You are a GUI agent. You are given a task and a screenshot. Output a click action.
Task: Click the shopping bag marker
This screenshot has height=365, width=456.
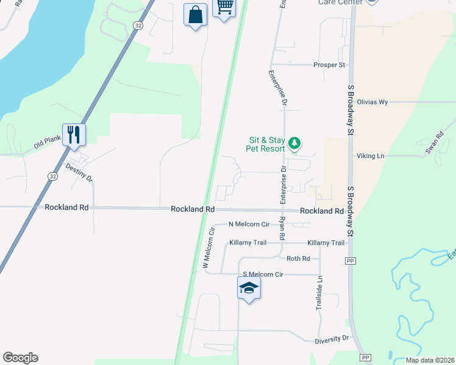195,15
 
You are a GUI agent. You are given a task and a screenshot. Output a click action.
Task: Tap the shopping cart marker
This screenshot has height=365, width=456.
225,8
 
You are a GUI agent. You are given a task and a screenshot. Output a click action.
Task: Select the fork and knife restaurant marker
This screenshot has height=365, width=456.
74,134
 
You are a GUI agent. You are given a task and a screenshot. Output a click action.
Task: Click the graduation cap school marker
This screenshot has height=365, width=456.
249,287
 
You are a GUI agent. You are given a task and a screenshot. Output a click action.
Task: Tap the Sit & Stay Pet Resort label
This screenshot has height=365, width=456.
265,144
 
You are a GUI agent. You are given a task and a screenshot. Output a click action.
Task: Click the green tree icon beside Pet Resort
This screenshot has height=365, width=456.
295,144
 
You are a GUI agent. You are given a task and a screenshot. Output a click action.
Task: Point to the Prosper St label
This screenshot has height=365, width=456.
329,64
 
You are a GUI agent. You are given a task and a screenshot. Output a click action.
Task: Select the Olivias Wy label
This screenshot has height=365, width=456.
372,102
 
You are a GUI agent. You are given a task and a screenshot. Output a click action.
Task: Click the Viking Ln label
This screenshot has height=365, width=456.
371,156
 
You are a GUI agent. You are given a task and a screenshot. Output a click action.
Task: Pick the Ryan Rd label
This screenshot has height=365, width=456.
282,228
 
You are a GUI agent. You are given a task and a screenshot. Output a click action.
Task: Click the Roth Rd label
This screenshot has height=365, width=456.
298,259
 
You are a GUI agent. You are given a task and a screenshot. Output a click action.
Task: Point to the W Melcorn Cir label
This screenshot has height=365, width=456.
209,248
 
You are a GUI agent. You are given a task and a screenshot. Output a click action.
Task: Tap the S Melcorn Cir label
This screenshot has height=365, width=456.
263,275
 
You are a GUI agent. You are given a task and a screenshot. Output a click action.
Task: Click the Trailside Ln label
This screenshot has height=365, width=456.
319,294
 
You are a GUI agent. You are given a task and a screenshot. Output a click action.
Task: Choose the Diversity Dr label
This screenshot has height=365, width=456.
332,338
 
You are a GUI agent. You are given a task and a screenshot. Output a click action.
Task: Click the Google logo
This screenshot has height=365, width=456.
20,358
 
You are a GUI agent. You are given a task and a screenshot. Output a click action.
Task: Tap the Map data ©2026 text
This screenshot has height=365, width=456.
429,360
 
